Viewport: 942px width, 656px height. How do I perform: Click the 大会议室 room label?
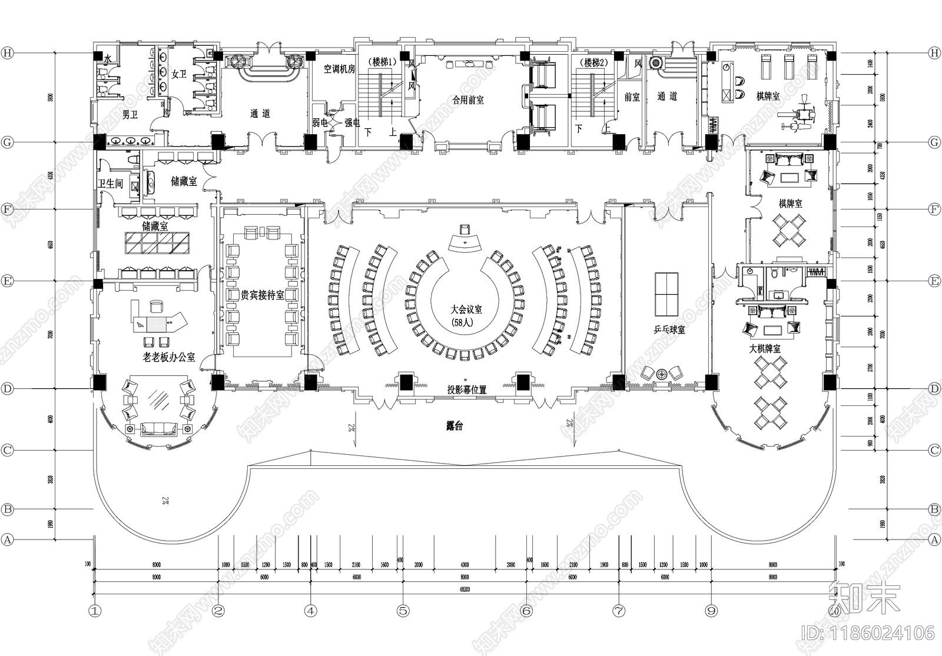click(466, 309)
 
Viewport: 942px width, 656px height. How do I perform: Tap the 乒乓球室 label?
click(669, 330)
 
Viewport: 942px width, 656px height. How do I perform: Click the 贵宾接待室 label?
click(263, 295)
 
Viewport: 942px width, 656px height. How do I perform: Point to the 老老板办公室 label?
click(169, 357)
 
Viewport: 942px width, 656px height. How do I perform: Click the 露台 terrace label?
click(455, 426)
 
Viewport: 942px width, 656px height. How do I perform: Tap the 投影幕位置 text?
click(466, 389)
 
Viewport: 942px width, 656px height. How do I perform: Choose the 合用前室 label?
click(468, 101)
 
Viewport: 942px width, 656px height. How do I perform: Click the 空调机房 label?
click(339, 69)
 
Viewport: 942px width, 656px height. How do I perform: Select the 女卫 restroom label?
click(179, 75)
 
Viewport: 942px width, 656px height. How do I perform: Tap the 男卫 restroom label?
click(130, 115)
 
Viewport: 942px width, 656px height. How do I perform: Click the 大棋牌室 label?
click(765, 349)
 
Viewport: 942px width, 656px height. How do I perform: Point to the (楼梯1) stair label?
click(380, 62)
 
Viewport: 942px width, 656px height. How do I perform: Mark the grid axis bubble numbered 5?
click(403, 611)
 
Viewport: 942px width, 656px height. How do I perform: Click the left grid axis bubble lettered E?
click(7, 281)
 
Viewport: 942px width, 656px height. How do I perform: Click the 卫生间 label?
click(111, 184)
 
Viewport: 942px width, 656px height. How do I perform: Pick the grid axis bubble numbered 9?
click(711, 611)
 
